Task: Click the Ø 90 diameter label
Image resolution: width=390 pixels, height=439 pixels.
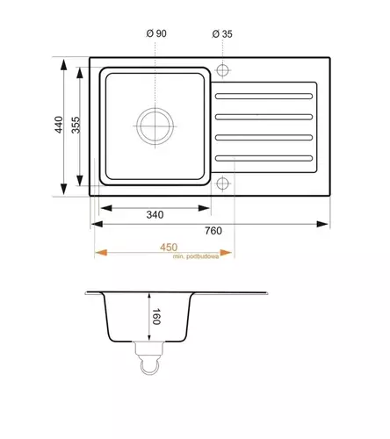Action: pyautogui.click(x=156, y=33)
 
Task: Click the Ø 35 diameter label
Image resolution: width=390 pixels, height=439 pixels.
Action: pyautogui.click(x=222, y=34)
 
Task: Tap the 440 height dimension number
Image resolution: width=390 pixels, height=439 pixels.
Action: pyautogui.click(x=59, y=125)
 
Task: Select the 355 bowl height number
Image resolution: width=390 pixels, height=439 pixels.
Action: pyautogui.click(x=76, y=125)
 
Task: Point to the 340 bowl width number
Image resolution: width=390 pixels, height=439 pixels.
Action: pyautogui.click(x=155, y=215)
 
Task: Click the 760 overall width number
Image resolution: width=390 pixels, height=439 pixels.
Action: pyautogui.click(x=213, y=231)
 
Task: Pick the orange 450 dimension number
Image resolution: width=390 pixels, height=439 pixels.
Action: pyautogui.click(x=169, y=248)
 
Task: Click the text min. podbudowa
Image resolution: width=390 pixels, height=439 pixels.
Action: pyautogui.click(x=196, y=256)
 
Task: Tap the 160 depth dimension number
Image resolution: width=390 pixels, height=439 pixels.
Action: pyautogui.click(x=156, y=316)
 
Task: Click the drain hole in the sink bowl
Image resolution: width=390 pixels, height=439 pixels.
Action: pyautogui.click(x=155, y=126)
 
